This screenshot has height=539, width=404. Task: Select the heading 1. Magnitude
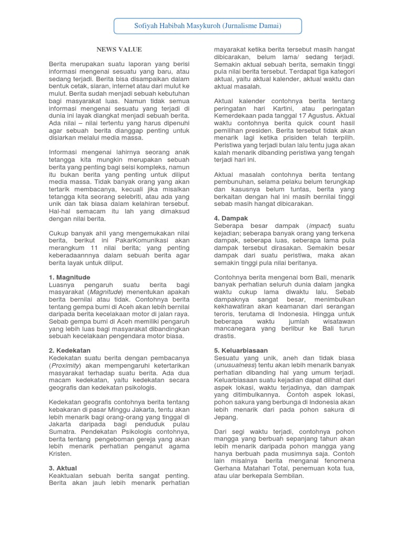click(69, 277)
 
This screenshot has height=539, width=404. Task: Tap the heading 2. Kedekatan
click(69, 350)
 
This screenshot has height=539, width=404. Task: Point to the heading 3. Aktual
click(63, 468)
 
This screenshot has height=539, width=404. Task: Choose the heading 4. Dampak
click(231, 218)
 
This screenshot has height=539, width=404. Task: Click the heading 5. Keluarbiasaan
click(241, 350)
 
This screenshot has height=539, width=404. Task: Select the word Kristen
click(59, 454)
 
